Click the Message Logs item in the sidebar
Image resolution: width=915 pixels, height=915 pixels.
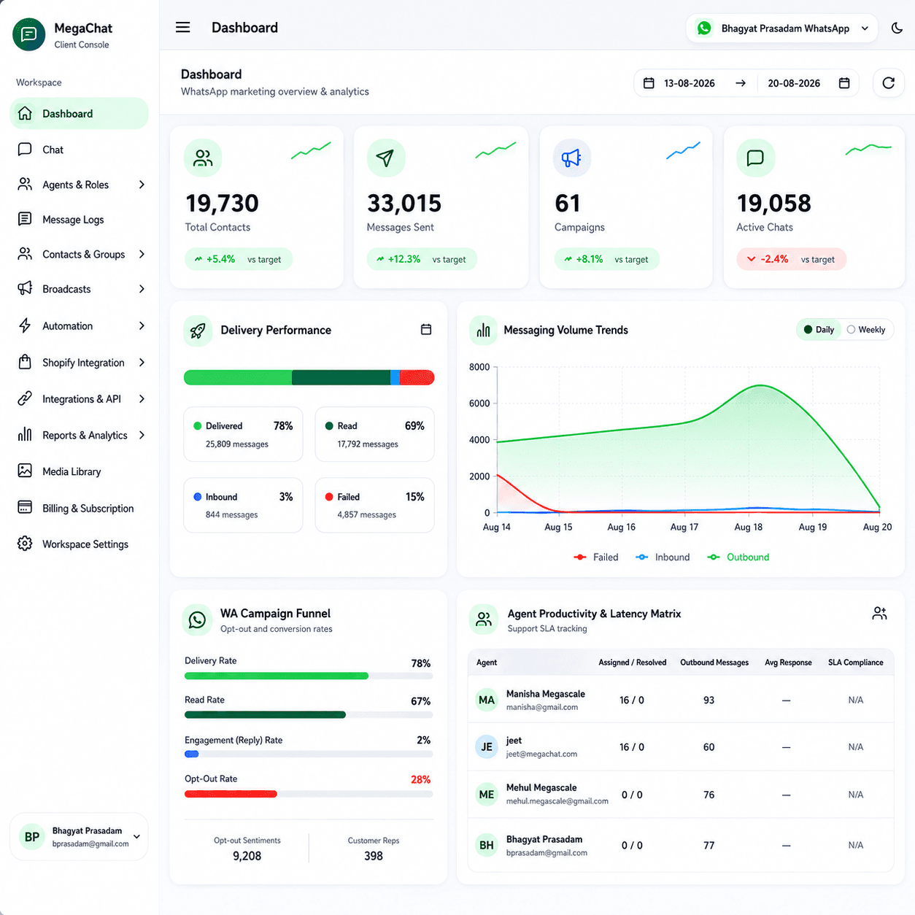73,220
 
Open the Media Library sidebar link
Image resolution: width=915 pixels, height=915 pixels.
72,471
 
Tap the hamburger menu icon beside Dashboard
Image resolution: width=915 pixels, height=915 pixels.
183,28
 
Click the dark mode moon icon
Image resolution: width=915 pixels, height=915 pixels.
897,28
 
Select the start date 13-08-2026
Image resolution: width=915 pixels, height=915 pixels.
689,84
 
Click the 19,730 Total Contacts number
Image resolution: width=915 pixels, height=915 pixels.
223,204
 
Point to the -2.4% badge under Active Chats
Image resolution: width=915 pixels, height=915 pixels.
791,259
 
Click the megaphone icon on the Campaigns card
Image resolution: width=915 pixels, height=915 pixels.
571,158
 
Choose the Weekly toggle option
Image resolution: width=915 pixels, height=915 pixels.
867,330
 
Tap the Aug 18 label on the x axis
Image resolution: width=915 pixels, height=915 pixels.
748,527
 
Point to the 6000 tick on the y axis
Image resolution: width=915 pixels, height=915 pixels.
479,403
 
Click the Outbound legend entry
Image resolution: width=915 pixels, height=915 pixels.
738,557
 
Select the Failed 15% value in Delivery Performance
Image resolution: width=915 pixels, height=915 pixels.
414,497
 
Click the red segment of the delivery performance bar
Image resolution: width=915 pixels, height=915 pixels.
417,377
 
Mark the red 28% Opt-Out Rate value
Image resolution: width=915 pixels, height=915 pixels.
420,779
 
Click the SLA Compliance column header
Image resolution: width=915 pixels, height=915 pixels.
855,663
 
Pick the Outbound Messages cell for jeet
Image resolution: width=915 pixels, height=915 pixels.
709,747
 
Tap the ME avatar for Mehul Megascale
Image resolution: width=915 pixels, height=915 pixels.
486,795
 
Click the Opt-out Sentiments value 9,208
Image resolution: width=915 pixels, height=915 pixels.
247,856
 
